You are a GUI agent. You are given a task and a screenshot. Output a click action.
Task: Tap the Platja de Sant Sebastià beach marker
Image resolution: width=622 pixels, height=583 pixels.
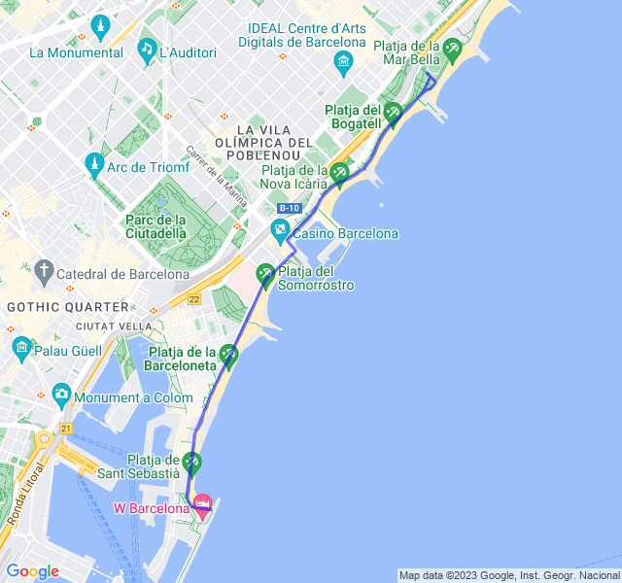coord(192,462)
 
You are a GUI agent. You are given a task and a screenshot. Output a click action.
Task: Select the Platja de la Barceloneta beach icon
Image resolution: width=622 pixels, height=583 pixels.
coord(228,355)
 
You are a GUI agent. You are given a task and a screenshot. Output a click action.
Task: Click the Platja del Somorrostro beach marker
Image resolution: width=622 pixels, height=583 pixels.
coord(265,274)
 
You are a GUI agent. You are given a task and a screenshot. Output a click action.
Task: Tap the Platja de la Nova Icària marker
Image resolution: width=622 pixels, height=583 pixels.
coord(338,173)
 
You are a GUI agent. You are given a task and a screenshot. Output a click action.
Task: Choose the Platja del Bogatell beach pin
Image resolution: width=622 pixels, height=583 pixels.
coord(393,113)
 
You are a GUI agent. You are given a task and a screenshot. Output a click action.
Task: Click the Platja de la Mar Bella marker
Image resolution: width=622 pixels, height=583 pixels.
coord(452,49)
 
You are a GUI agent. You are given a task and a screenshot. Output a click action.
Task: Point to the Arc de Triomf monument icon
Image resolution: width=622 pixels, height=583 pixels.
coord(94,163)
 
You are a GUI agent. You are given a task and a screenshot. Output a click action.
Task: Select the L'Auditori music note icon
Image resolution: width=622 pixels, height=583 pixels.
coord(146,48)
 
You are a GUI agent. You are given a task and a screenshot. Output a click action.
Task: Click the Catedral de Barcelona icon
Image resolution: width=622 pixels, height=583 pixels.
coord(43,269)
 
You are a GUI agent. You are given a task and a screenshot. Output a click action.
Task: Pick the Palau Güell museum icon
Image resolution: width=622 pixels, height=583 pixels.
coord(21,346)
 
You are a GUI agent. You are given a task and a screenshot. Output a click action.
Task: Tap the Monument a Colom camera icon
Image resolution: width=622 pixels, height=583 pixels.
coord(62,394)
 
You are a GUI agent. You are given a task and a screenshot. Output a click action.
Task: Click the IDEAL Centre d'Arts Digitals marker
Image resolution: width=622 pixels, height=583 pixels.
coord(342,64)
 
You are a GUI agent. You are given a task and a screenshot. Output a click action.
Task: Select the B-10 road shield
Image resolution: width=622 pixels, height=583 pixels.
coord(290,209)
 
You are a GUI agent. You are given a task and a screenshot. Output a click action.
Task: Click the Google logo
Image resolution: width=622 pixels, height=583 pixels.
coord(33,571)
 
